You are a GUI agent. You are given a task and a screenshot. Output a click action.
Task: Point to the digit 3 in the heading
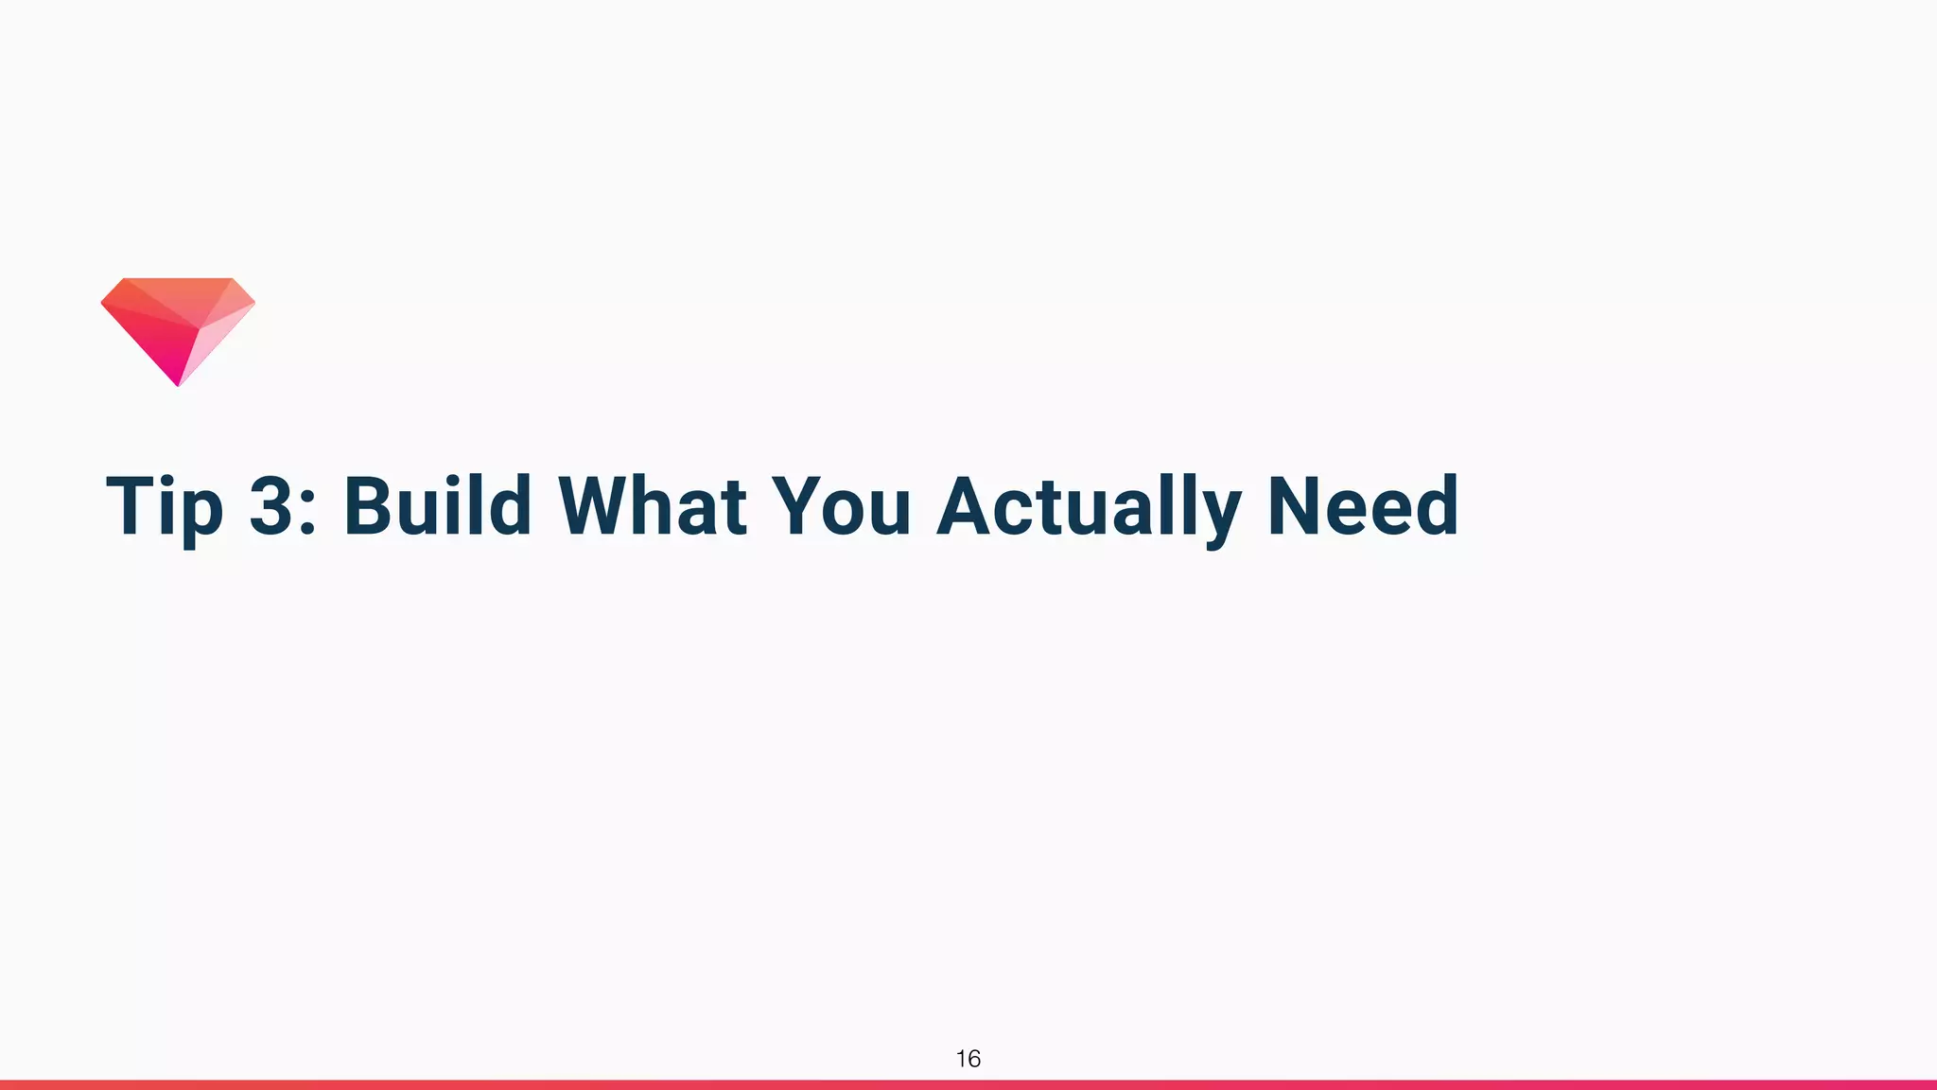pyautogui.click(x=272, y=506)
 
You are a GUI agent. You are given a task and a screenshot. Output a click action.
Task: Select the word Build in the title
pyautogui.click(x=437, y=506)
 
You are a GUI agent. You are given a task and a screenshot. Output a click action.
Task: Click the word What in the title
pyautogui.click(x=653, y=506)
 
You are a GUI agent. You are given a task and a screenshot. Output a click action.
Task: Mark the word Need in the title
pyautogui.click(x=1363, y=506)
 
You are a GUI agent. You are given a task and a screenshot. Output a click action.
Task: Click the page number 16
pyautogui.click(x=968, y=1059)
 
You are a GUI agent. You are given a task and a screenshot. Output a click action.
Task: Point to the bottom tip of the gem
pyautogui.click(x=178, y=383)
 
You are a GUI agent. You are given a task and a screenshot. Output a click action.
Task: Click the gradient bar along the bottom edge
pyautogui.click(x=968, y=1084)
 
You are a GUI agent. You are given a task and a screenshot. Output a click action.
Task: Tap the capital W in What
pyautogui.click(x=603, y=506)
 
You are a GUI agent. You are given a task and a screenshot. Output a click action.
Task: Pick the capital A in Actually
pyautogui.click(x=968, y=506)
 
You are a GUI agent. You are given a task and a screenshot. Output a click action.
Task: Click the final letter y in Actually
pyautogui.click(x=1222, y=516)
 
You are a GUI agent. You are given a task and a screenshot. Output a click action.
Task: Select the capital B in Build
pyautogui.click(x=371, y=506)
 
